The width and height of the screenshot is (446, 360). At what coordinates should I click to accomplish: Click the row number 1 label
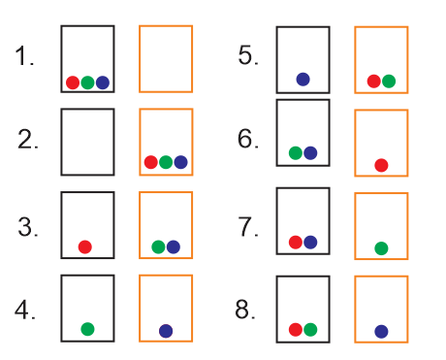(x=25, y=56)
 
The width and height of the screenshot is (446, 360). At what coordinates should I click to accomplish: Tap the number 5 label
(x=248, y=54)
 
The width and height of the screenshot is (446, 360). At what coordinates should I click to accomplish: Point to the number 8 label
(x=246, y=311)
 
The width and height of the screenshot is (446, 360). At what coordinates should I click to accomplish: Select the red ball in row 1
(x=73, y=82)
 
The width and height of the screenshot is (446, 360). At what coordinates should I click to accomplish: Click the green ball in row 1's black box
(x=87, y=82)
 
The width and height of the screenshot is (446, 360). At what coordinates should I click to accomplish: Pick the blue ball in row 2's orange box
(x=180, y=162)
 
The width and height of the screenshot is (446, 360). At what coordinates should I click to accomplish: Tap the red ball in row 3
(x=85, y=246)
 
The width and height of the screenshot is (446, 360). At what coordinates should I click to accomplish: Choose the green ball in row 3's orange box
(x=158, y=246)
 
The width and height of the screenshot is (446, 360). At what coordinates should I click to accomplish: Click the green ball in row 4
(x=87, y=330)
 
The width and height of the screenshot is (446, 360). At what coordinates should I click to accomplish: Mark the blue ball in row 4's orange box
(x=166, y=331)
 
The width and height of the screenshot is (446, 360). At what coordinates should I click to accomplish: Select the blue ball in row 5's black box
(x=303, y=80)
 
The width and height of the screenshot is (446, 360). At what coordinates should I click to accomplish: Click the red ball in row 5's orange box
(x=373, y=81)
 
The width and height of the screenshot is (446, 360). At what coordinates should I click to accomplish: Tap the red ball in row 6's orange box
(x=381, y=165)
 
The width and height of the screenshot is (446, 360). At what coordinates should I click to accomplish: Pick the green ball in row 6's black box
(x=296, y=152)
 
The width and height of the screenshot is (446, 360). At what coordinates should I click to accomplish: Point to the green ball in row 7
(x=381, y=248)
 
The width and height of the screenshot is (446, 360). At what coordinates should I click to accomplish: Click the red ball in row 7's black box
(x=296, y=242)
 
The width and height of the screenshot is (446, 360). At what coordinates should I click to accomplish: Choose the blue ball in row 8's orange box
(x=381, y=332)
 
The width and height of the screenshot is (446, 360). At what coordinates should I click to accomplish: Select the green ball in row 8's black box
(x=310, y=330)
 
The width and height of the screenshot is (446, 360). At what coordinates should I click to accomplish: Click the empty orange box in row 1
(x=166, y=58)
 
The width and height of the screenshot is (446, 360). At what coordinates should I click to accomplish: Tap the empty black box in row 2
(x=87, y=142)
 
